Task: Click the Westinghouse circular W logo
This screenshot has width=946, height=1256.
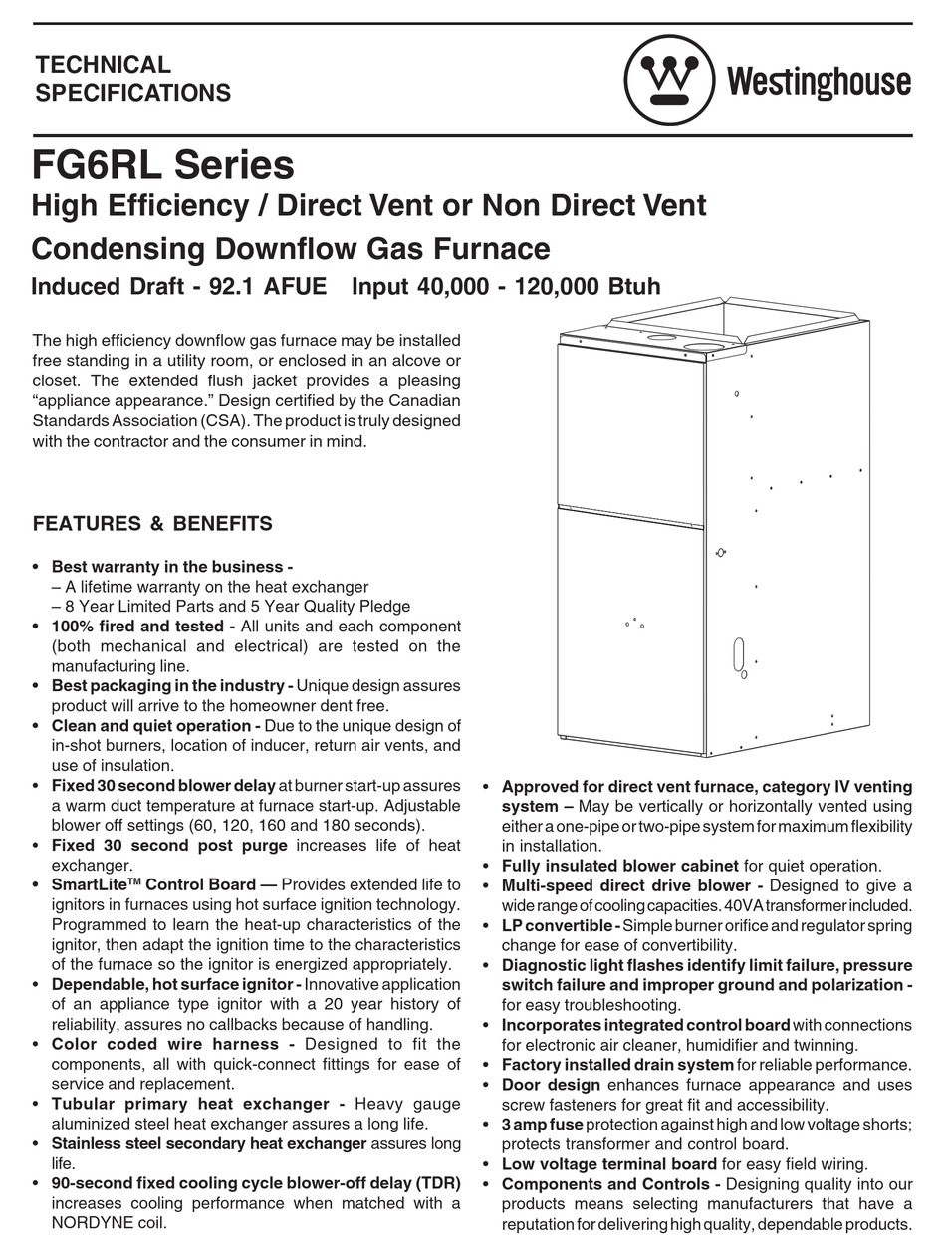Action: (668, 80)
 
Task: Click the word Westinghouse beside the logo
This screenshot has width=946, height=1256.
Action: (819, 81)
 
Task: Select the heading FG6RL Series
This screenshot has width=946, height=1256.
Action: (163, 163)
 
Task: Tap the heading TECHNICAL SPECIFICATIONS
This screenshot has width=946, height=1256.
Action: (131, 79)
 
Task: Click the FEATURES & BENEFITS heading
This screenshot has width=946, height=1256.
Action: (152, 523)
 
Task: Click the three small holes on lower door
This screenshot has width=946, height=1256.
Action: (634, 623)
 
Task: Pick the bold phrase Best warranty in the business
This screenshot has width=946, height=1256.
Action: (171, 567)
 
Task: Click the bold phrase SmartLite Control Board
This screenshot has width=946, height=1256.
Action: (164, 884)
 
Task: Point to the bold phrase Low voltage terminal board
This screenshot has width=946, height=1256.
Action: (608, 1164)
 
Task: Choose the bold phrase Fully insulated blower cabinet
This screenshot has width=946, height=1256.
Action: (619, 866)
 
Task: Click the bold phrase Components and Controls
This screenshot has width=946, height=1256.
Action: (610, 1184)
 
